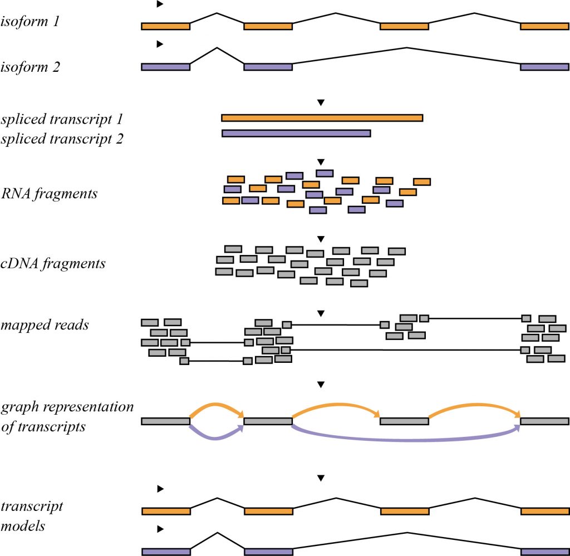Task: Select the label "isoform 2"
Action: point(38,67)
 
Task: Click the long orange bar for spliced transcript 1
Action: point(322,117)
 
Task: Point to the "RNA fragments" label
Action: point(50,194)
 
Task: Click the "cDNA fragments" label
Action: point(53,263)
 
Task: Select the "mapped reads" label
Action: point(45,324)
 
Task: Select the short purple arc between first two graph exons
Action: point(217,438)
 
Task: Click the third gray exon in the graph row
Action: point(404,421)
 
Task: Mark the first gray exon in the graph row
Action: point(165,421)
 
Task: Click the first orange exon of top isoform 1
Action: point(165,26)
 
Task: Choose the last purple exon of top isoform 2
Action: point(544,67)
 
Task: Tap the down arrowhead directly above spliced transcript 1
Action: point(320,102)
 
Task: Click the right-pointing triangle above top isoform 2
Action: point(160,43)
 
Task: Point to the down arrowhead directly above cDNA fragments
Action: point(320,239)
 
